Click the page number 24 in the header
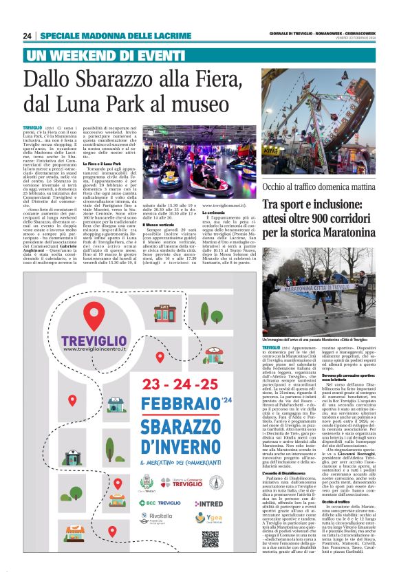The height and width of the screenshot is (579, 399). [x=27, y=36]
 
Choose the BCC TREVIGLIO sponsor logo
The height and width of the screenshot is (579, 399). [x=160, y=503]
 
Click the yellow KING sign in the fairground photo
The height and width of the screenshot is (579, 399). [x=378, y=131]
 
